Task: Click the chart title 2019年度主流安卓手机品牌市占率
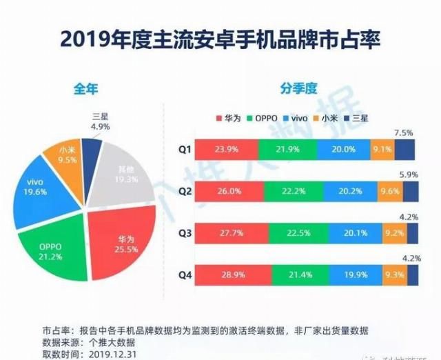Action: pos(220,38)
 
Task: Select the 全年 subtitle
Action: pos(89,89)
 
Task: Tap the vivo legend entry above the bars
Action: pos(297,118)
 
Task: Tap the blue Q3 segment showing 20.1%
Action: pos(342,233)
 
